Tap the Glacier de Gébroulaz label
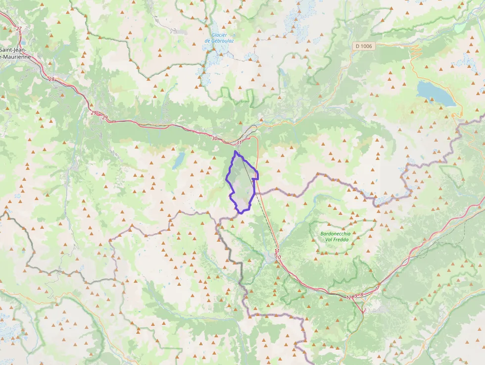[x=219, y=38]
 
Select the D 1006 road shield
[x=364, y=46]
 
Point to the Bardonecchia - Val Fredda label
[x=335, y=236]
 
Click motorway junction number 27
[x=19, y=29]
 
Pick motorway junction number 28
[x=51, y=79]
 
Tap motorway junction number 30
[x=214, y=138]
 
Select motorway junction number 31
[x=239, y=143]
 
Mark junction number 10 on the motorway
[x=279, y=258]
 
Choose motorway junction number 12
[x=348, y=298]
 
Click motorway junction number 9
[x=356, y=296]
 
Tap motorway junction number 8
[x=362, y=295]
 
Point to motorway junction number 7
[x=378, y=288]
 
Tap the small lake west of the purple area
[x=179, y=159]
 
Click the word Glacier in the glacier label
[x=219, y=35]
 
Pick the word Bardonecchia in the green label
[x=335, y=233]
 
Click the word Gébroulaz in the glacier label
[x=219, y=41]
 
